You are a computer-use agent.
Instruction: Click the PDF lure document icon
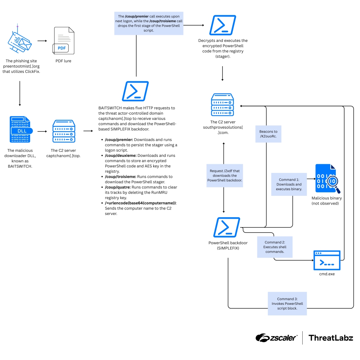pos(64,41)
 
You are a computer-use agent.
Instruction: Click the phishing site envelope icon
pos(20,41)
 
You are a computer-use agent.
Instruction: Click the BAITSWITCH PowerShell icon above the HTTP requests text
pos(135,91)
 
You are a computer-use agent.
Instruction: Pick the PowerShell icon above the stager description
pos(223,25)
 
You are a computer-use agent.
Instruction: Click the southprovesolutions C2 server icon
pos(223,105)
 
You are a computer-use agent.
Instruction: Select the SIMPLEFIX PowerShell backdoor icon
pos(227,227)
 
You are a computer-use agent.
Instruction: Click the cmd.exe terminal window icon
pos(327,260)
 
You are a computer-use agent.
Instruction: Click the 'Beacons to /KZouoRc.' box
pos(268,134)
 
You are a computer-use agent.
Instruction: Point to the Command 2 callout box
pos(275,247)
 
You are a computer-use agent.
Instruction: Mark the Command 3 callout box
pos(287,303)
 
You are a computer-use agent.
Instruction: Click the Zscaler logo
pos(276,338)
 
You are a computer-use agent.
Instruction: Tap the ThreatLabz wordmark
pos(330,338)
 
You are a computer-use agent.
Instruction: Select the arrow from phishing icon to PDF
pos(42,41)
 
